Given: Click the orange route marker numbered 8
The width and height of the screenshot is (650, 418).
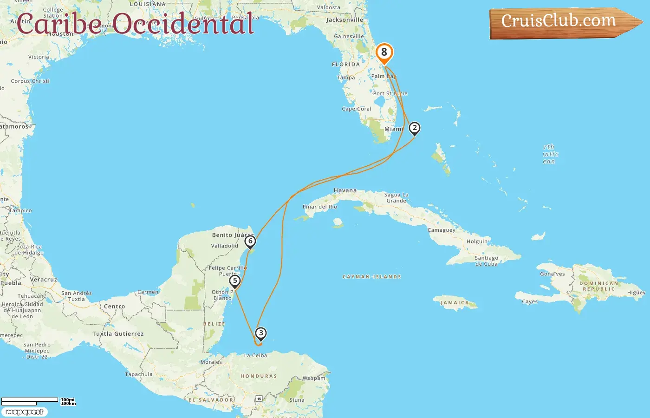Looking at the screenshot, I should coord(384,53).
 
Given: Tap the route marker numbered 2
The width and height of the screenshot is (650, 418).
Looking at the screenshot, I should coord(414,128).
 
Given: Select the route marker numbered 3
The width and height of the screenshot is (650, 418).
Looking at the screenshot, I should coord(261,333).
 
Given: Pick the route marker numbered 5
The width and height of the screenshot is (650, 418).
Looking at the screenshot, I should coord(235,281).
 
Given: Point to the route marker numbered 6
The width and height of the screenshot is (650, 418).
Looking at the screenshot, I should coord(250,242).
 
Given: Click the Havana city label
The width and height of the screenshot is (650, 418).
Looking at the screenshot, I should coord(345,190).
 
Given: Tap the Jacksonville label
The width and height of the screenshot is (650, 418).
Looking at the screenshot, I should coord(344,20).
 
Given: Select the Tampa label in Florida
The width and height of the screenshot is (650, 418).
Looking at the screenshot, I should coord(346,78).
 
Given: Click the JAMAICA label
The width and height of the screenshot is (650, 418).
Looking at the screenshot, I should coord(455,303).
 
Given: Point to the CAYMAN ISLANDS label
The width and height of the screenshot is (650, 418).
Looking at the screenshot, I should coord(371,277).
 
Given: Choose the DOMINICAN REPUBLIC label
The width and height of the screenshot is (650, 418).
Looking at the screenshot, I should coord(598,286).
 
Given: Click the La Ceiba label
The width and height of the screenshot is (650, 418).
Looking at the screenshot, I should coord(255,356).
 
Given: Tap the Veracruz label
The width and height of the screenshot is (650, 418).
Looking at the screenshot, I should coord(43,280).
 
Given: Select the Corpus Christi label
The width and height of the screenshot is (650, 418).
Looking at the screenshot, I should coord(30,81).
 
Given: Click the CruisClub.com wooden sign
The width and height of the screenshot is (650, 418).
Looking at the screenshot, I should coord(559,22).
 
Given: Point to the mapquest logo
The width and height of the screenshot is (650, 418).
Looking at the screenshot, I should coord(24,412).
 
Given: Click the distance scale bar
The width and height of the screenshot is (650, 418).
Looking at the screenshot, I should coord(30,400).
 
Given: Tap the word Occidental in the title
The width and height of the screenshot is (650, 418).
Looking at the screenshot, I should coord(183,24).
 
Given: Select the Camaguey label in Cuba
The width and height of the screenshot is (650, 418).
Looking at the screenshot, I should coord(441,230).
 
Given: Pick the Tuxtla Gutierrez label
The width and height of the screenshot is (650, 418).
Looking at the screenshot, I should coord(118,334).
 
